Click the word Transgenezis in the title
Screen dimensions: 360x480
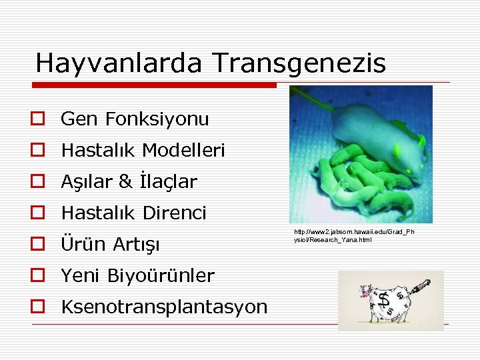pyautogui.click(x=299, y=63)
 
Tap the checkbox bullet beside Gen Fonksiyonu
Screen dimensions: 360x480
pyautogui.click(x=37, y=119)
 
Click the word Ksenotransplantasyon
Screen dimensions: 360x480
pyautogui.click(x=163, y=307)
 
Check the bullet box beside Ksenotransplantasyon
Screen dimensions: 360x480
pyautogui.click(x=37, y=307)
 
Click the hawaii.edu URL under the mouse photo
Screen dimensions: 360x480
pyautogui.click(x=354, y=235)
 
